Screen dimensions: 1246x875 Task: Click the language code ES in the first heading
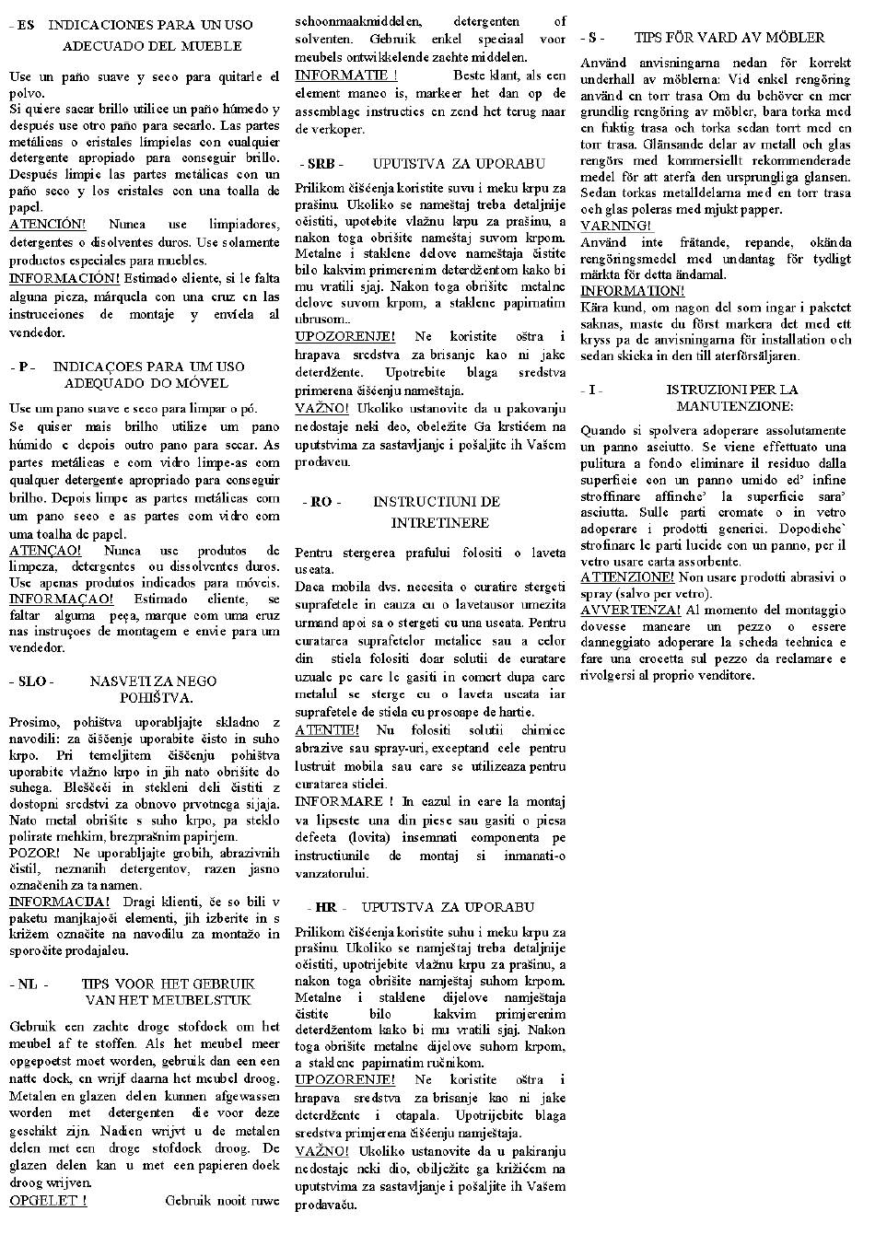(x=24, y=25)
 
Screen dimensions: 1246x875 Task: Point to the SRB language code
(x=321, y=164)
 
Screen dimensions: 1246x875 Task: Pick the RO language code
(x=321, y=502)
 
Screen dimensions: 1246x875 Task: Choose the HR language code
(x=325, y=907)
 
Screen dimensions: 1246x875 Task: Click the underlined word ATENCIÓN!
(x=47, y=225)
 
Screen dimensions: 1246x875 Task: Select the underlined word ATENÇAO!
(x=45, y=551)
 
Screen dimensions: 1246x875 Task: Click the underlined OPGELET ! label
(x=48, y=1200)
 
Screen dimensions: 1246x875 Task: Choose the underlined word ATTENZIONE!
(x=627, y=577)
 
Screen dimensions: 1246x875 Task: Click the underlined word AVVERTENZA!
(x=631, y=610)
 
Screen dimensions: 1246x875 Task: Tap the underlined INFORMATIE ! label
(x=346, y=76)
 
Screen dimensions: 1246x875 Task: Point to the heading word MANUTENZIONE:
(x=734, y=406)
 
